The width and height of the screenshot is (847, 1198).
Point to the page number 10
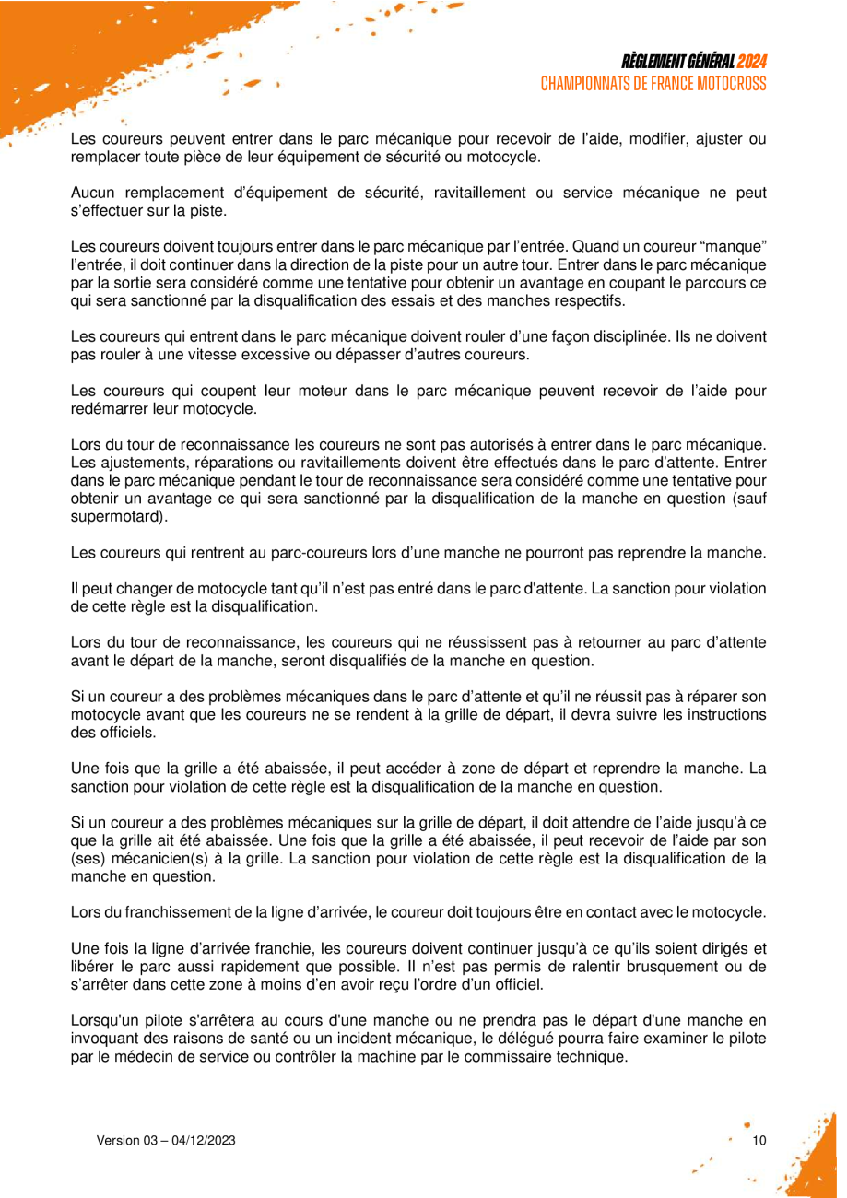click(759, 1141)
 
